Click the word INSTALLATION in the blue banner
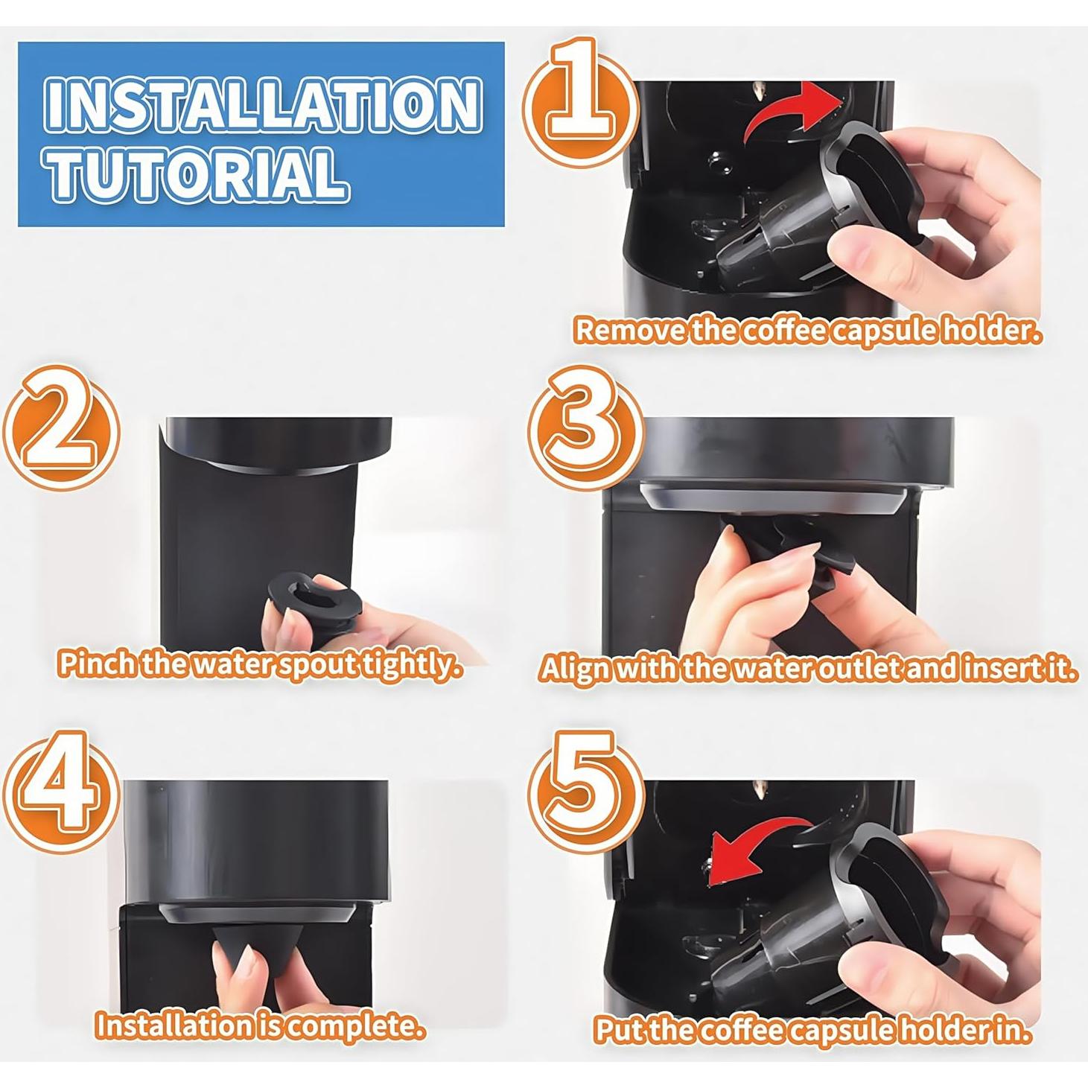coord(264,106)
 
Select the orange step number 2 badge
coord(61,428)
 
